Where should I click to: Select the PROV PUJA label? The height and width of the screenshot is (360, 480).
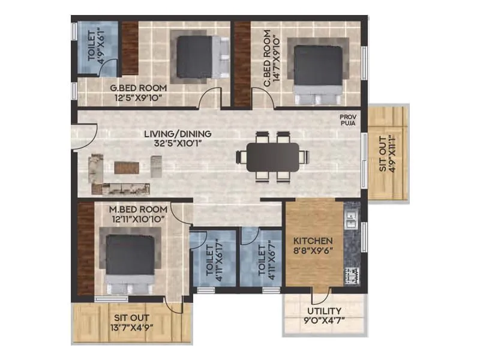click(348, 121)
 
